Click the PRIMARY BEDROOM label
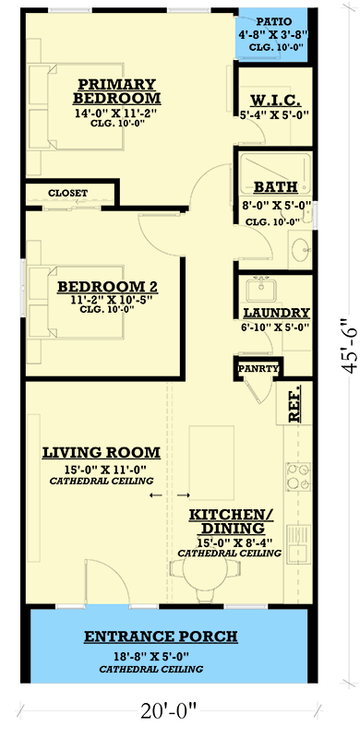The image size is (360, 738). pyautogui.click(x=116, y=89)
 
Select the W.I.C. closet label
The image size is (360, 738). pyautogui.click(x=273, y=101)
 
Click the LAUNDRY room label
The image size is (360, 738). pyautogui.click(x=276, y=313)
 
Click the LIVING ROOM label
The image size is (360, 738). pyautogui.click(x=102, y=452)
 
